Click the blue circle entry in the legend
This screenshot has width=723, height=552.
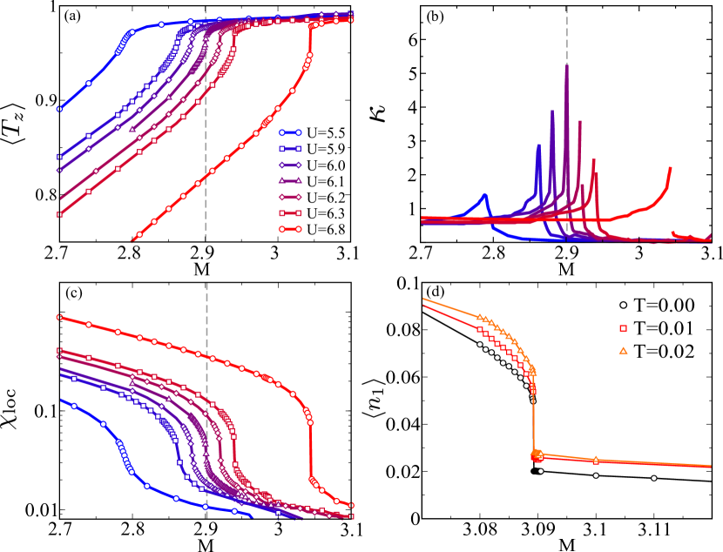point(290,133)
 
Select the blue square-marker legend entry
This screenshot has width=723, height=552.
point(290,149)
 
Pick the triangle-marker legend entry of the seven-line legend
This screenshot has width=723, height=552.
point(290,181)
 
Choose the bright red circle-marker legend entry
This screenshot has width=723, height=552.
point(290,230)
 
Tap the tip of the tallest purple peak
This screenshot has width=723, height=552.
point(567,65)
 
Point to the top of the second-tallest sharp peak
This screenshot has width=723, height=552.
point(552,111)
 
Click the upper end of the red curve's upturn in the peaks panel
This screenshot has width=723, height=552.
point(670,168)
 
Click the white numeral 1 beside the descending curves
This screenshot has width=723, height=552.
point(54,313)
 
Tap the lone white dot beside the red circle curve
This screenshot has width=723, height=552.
point(279,373)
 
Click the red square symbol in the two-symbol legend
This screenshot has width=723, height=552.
point(623,328)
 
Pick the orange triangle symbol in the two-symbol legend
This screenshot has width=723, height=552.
point(623,351)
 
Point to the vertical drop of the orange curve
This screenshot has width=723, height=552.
point(534,418)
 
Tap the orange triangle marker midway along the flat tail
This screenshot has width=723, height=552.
point(596,460)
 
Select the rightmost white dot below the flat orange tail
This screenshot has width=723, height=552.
point(653,478)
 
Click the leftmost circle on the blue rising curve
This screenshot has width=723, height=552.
point(59,109)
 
